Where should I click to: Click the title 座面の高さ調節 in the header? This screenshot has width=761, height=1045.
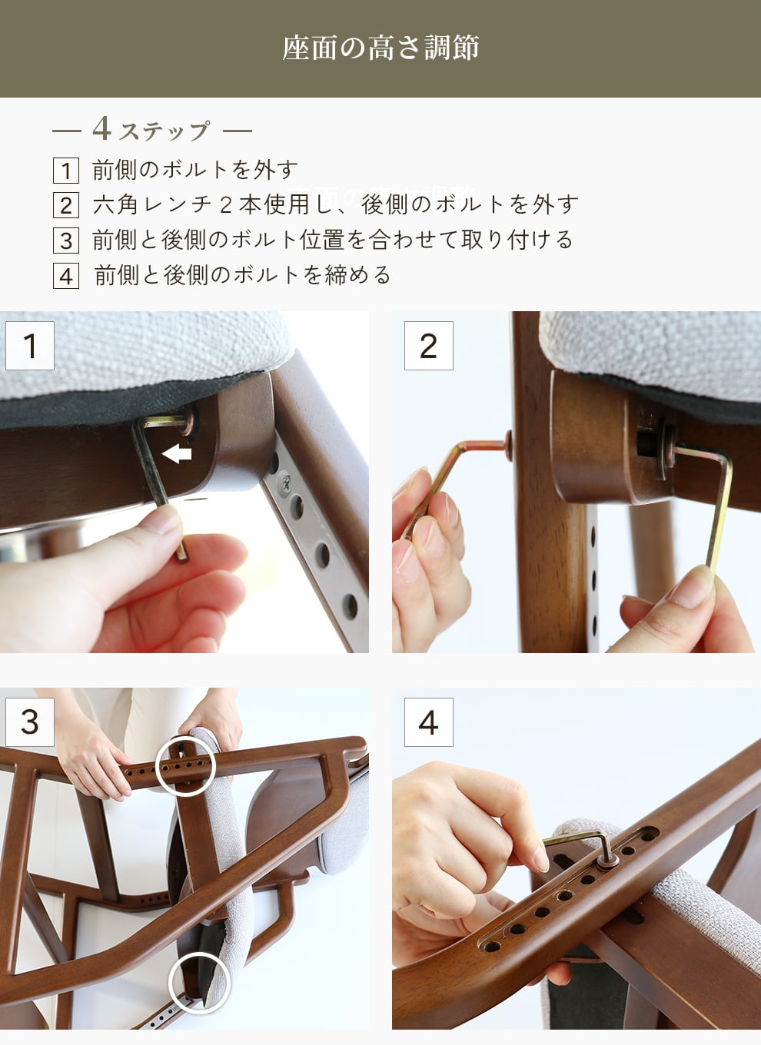380,48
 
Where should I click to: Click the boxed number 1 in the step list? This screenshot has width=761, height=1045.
66,171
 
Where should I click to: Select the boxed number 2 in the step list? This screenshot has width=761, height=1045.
66,205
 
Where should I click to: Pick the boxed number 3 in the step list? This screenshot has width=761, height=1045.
66,241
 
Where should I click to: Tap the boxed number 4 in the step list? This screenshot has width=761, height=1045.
66,276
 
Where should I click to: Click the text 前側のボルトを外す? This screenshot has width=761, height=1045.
195,170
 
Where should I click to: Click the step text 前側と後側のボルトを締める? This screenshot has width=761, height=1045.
242,275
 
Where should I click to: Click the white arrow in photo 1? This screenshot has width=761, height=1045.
177,454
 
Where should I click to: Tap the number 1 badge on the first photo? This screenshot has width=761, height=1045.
30,346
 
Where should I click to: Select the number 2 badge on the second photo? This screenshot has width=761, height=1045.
428,346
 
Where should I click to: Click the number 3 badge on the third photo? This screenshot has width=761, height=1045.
30,722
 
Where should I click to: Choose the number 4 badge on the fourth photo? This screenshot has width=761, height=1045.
428,722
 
